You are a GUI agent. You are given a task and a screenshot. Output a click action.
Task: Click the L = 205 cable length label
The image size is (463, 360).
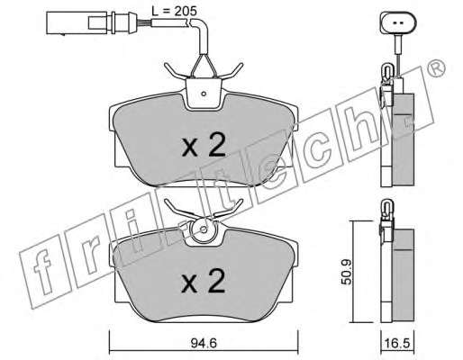(x=174, y=11)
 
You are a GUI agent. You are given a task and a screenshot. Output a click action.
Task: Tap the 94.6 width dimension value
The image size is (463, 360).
(x=204, y=343)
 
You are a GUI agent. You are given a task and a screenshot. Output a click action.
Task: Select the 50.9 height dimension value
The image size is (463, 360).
(x=348, y=273)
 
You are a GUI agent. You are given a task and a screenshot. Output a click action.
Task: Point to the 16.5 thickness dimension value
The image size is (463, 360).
(x=398, y=344)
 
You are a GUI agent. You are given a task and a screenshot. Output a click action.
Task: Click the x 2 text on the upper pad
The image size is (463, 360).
(x=204, y=145)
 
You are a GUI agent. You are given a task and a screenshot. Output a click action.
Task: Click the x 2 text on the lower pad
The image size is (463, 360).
(x=204, y=281)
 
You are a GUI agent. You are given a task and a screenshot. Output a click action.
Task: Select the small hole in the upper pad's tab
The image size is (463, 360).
(x=204, y=94)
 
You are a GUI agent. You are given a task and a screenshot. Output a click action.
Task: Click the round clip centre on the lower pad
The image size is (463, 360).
(x=204, y=230)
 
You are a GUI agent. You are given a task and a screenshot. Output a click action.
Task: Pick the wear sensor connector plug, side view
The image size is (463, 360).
(x=87, y=22)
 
